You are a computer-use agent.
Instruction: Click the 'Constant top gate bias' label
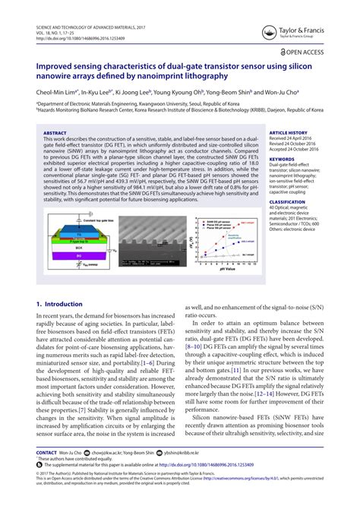click(81, 219)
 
